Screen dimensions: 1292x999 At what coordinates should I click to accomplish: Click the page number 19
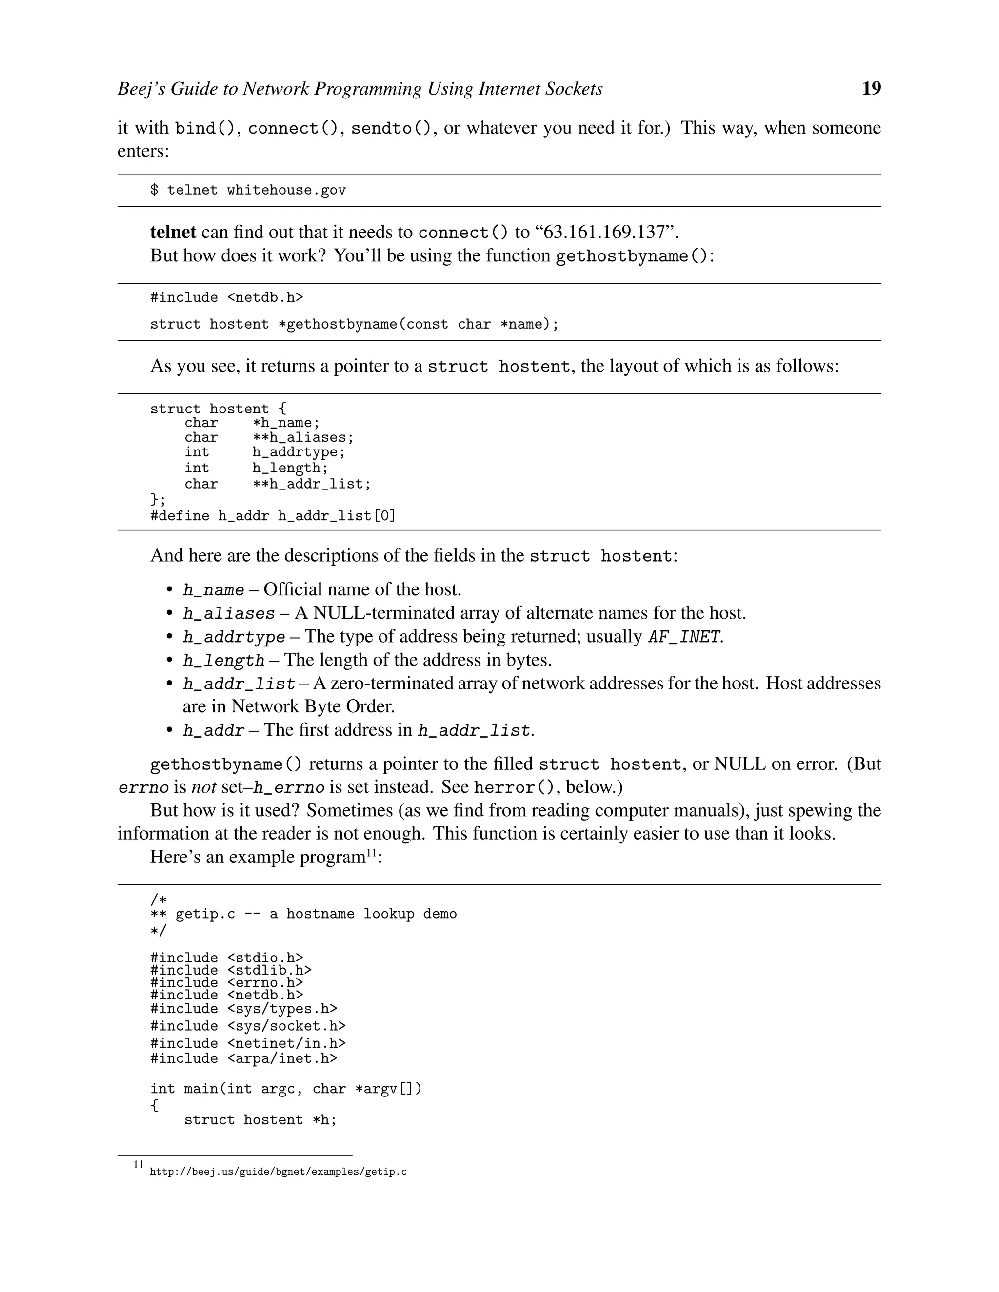[871, 88]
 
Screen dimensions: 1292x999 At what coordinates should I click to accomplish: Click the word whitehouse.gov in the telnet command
[286, 190]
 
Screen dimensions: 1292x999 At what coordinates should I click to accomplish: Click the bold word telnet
[173, 232]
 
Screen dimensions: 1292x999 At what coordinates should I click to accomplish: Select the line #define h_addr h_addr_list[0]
[272, 516]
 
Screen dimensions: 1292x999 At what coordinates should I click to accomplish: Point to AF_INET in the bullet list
[684, 637]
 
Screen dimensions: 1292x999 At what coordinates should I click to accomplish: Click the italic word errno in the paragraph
[143, 787]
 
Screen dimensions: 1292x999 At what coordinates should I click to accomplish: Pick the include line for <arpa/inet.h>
[243, 1058]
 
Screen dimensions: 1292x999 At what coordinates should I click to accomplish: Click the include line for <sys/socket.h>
[247, 1026]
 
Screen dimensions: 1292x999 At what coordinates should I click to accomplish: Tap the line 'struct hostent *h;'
[260, 1120]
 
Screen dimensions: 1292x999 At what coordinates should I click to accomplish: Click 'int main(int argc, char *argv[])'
[285, 1089]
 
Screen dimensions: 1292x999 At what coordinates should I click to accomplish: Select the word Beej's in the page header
[142, 89]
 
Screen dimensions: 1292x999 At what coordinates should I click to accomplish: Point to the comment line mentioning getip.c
[303, 914]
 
